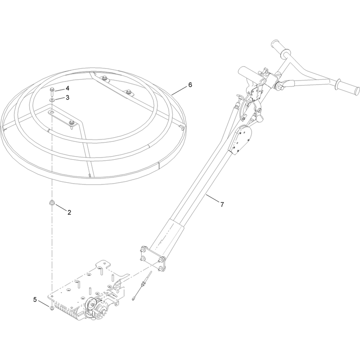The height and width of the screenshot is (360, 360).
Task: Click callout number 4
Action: point(67,88)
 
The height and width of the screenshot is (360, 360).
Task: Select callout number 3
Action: point(67,98)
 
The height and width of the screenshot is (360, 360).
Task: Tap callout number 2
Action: point(69,212)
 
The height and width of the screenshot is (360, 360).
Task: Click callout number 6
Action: point(190,85)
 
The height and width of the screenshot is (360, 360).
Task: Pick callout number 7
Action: point(222,204)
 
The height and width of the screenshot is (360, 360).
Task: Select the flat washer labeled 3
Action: point(52,100)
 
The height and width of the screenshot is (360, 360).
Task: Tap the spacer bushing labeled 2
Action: point(52,203)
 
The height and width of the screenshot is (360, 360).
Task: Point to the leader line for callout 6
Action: point(180,90)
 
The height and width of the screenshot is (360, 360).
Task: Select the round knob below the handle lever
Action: point(259,119)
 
